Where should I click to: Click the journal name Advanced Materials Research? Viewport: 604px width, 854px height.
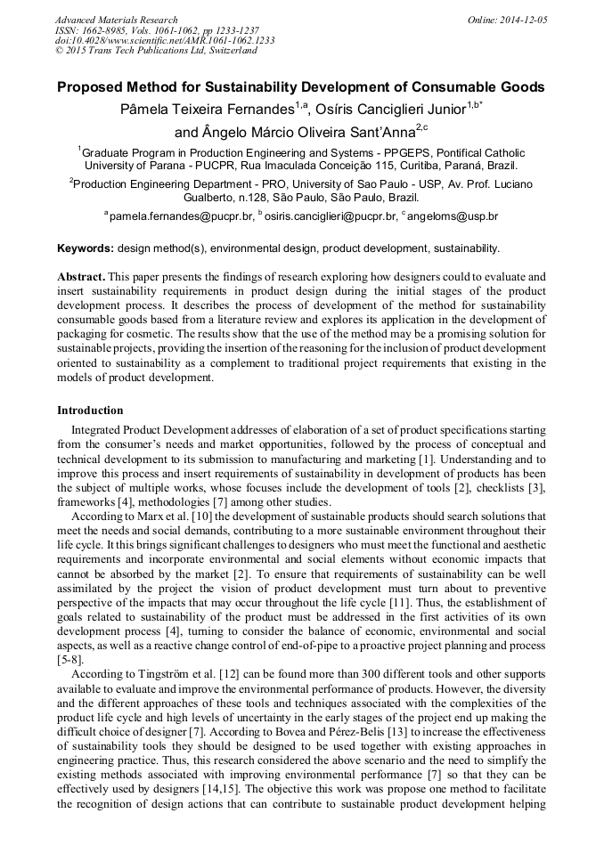click(x=116, y=20)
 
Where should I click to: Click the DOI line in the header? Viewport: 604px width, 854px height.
click(x=165, y=40)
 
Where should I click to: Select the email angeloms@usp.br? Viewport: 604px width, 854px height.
click(x=456, y=216)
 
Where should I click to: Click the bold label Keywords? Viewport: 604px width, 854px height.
click(x=86, y=248)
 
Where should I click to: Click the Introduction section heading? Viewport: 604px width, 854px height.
click(x=90, y=411)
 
